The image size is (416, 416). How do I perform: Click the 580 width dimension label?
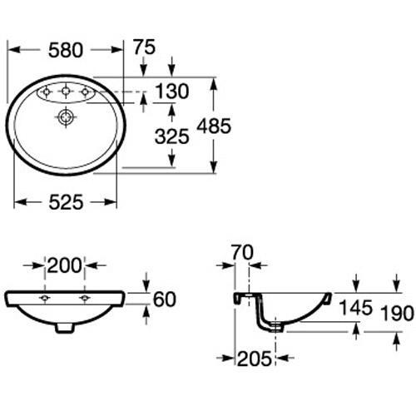(x=66, y=50)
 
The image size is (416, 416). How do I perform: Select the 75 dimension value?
(x=144, y=49)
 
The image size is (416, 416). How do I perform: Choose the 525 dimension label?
(x=66, y=203)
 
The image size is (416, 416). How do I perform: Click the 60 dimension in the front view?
(x=166, y=297)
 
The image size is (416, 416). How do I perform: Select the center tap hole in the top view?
(x=65, y=91)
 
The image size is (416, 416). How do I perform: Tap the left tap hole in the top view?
(x=47, y=91)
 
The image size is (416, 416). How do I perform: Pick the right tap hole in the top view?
(x=84, y=91)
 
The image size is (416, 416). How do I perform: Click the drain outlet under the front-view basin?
(x=65, y=327)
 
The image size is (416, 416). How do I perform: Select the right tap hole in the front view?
(x=84, y=298)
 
